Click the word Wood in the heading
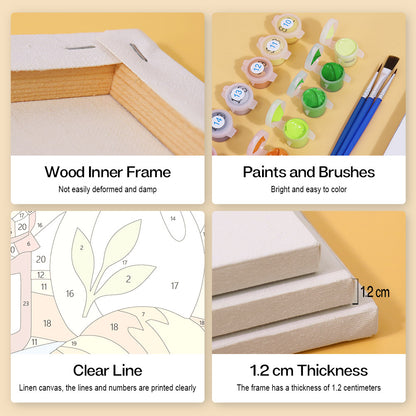65,172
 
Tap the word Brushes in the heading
347,172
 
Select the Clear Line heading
108,370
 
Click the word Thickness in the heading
333,370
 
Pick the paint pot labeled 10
287,27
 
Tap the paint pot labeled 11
273,49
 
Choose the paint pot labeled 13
238,98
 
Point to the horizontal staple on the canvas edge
80,48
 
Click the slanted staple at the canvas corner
139,53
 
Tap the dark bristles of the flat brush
392,62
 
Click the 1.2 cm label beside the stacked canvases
375,292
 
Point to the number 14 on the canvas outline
173,219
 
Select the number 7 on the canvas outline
143,314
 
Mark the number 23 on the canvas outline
26,303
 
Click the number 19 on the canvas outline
74,343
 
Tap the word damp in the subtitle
148,189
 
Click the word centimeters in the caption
362,388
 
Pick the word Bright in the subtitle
280,189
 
